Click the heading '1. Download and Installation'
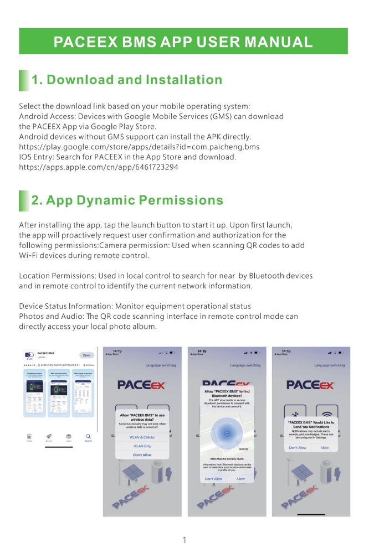point(127,80)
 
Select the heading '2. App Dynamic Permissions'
point(127,200)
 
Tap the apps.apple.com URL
point(99,167)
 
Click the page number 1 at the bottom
point(184,539)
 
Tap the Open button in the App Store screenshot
point(87,355)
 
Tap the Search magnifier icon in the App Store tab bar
point(88,437)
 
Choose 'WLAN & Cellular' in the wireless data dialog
point(142,437)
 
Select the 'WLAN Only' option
point(142,446)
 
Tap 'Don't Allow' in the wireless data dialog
point(142,454)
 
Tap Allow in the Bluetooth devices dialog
point(240,478)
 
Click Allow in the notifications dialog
point(325,447)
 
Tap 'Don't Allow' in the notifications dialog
point(298,447)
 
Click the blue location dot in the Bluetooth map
point(227,433)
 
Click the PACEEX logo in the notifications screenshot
point(311,385)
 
